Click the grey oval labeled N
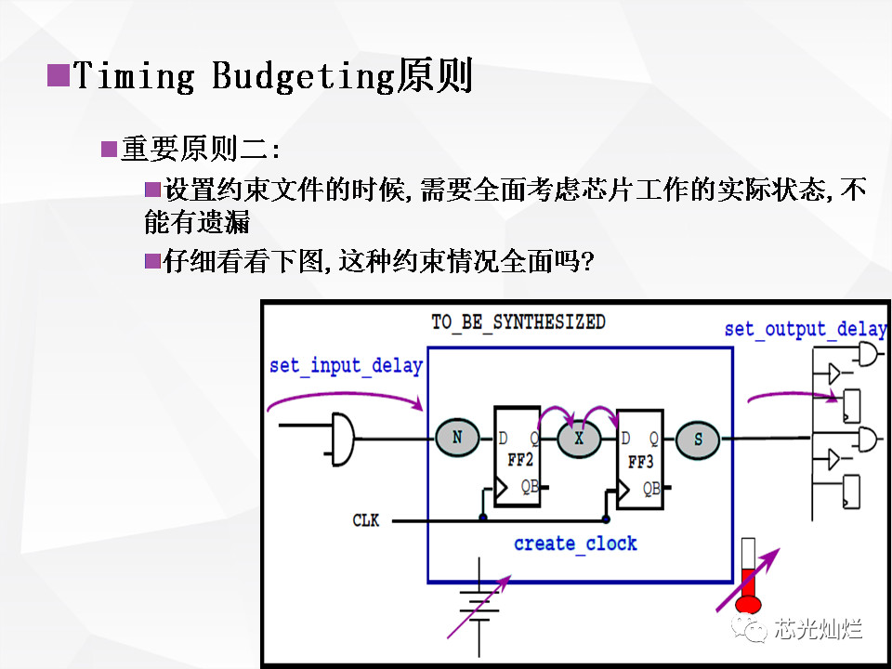(x=457, y=438)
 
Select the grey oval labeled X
(x=578, y=439)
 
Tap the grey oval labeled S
(x=699, y=439)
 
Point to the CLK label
(x=366, y=521)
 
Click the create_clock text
(x=575, y=544)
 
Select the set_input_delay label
(x=346, y=365)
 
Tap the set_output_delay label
(x=805, y=329)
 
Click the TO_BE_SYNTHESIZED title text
(x=518, y=322)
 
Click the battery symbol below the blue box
(x=479, y=606)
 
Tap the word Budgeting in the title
(x=303, y=76)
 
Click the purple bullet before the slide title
(x=59, y=74)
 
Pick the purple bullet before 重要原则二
(x=109, y=149)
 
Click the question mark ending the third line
(x=585, y=262)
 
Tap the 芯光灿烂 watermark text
(x=818, y=629)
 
